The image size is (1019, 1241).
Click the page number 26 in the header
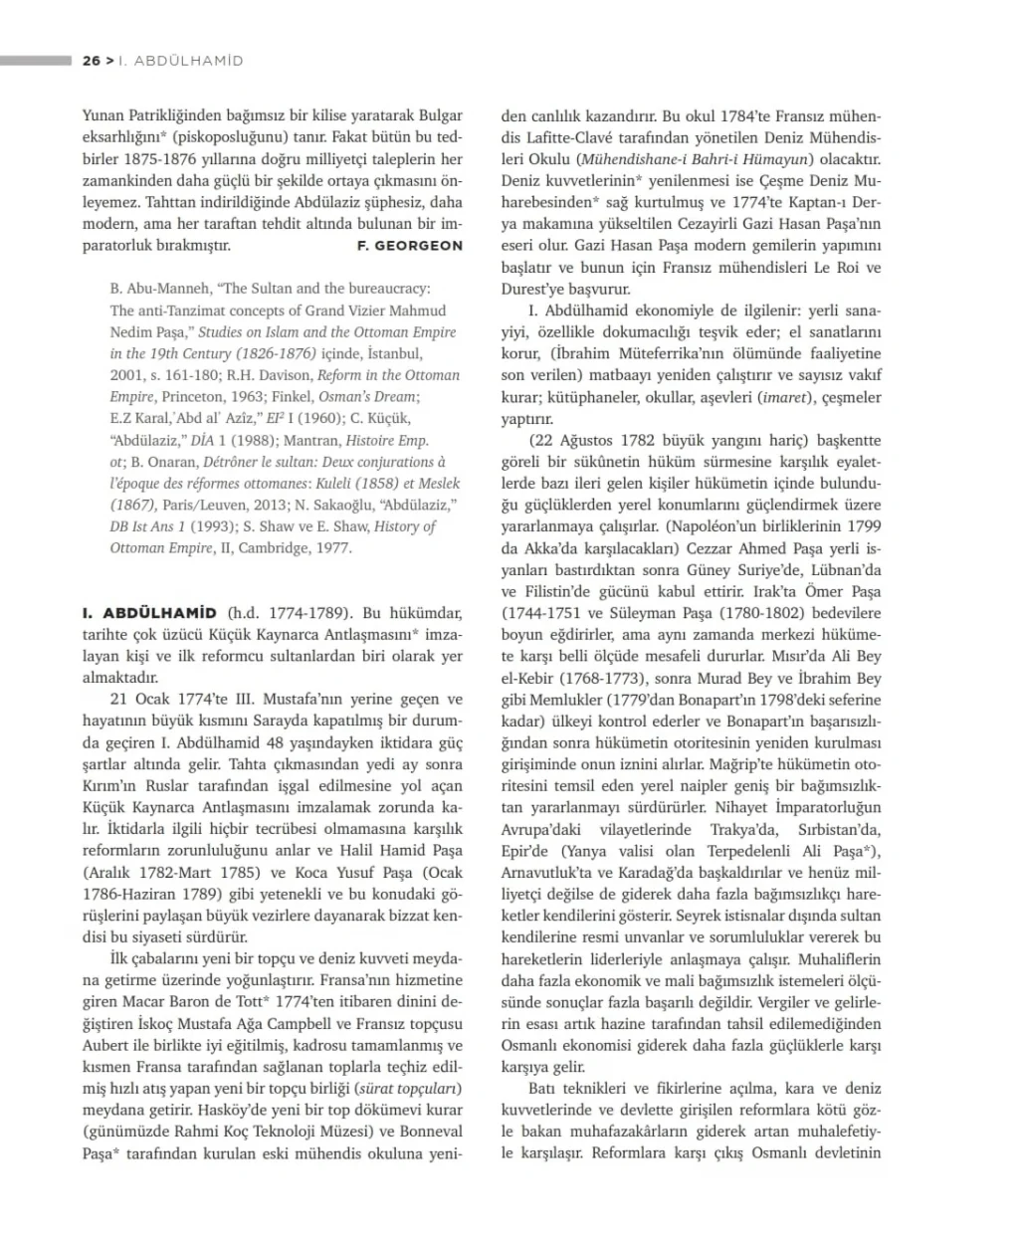(92, 61)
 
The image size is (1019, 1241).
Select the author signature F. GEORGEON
(409, 245)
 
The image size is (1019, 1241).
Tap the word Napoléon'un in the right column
(714, 526)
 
